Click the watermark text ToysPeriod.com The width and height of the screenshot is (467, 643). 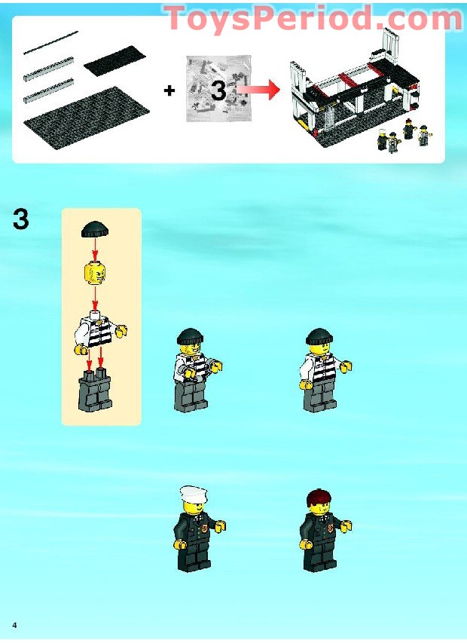click(313, 18)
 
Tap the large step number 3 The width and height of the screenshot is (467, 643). click(22, 220)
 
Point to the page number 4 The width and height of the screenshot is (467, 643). click(14, 626)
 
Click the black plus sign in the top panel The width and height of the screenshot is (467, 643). click(169, 91)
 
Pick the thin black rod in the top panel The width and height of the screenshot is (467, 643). click(50, 43)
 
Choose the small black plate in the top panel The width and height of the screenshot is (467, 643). click(114, 60)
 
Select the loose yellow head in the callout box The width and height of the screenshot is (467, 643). click(94, 273)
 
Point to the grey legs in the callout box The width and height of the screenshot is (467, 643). click(95, 390)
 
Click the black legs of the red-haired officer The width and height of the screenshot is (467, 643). click(321, 555)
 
